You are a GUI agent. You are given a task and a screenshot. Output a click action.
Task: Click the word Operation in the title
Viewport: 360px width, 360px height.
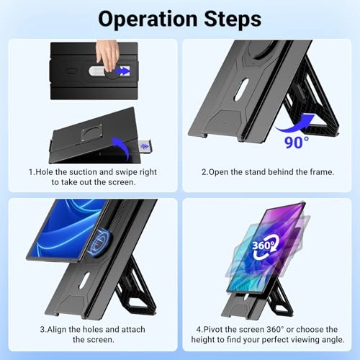point(148,19)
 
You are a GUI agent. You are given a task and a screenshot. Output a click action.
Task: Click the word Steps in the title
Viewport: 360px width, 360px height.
point(233,19)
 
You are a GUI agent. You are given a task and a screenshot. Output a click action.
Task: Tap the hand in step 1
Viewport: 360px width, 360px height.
point(107,55)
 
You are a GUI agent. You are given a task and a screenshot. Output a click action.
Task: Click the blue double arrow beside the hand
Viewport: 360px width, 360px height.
point(122,71)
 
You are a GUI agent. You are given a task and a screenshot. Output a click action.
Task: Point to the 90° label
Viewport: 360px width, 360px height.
point(297,143)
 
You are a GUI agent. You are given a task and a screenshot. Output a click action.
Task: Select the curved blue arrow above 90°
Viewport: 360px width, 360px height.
point(296,125)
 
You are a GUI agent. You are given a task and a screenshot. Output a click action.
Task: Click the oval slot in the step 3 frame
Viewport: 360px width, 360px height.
point(84,280)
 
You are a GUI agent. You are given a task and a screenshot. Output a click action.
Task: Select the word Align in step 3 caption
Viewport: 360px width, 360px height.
point(57,329)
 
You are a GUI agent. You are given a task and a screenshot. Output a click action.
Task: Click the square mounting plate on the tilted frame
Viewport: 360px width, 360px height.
point(92,133)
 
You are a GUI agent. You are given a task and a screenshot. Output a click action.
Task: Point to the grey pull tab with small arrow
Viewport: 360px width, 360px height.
point(145,146)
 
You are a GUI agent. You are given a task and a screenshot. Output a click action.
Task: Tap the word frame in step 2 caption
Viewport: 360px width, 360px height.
point(322,172)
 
